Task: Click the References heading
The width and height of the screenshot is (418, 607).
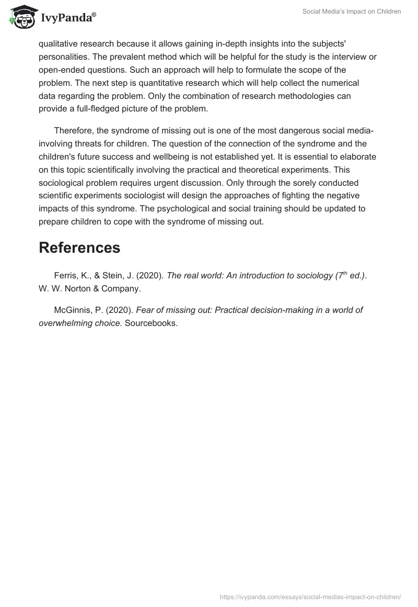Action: pos(79,248)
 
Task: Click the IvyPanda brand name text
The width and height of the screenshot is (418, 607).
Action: pos(68,18)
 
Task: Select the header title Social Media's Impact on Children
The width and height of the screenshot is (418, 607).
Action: pos(352,12)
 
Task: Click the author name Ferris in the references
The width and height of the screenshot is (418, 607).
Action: pos(65,276)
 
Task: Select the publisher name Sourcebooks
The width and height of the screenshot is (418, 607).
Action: pos(151,323)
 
